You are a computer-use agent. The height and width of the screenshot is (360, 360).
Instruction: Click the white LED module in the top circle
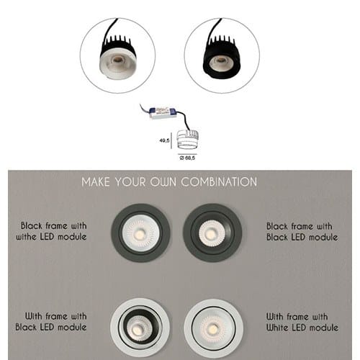[117, 59]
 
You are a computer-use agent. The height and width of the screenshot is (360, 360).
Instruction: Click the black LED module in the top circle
[222, 58]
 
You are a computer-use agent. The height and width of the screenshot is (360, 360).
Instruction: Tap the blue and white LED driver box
[163, 113]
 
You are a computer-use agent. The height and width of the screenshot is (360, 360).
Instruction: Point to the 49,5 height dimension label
[164, 140]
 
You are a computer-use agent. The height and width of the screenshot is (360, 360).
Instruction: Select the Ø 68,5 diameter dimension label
[187, 158]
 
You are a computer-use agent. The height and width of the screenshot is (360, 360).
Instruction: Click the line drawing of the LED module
[188, 139]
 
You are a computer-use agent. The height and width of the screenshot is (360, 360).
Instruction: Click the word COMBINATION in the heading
[219, 181]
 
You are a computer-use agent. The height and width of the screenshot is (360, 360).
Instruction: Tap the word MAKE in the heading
[96, 182]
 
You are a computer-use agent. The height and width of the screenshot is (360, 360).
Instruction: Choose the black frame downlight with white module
[140, 233]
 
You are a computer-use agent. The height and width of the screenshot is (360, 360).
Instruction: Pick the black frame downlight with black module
[212, 233]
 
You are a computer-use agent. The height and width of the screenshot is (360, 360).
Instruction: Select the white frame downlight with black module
[140, 328]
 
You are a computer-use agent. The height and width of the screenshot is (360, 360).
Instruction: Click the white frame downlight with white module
[213, 328]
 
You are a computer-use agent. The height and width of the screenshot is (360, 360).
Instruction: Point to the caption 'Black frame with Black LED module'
[302, 232]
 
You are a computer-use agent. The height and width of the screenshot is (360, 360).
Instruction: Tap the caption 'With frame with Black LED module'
[51, 322]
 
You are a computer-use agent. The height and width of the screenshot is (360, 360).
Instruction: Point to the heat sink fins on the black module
[221, 41]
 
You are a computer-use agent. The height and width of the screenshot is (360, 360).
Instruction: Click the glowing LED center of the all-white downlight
[212, 328]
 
